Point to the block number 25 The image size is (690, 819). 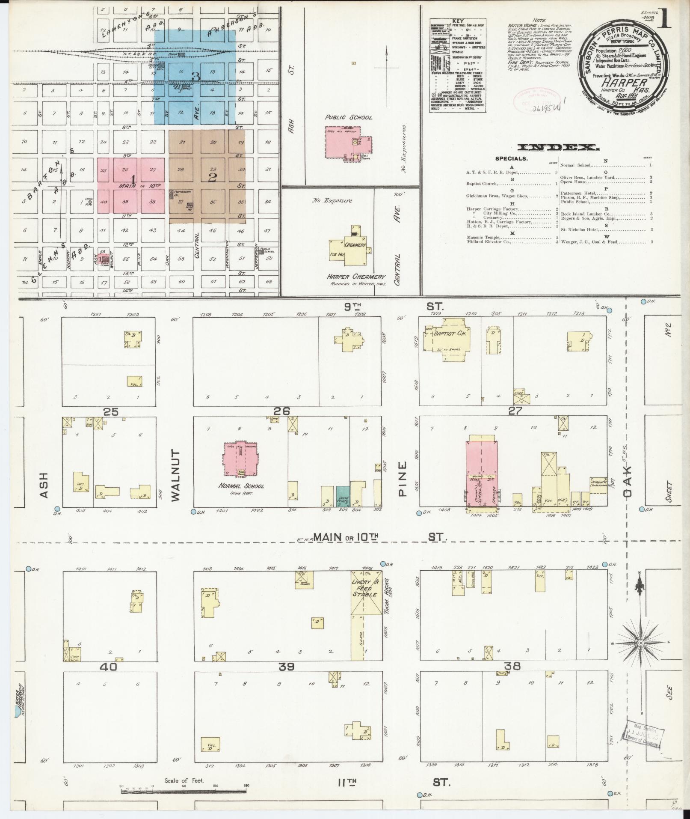point(110,412)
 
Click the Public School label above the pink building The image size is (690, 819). point(348,117)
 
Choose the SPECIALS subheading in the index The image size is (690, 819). point(511,158)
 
